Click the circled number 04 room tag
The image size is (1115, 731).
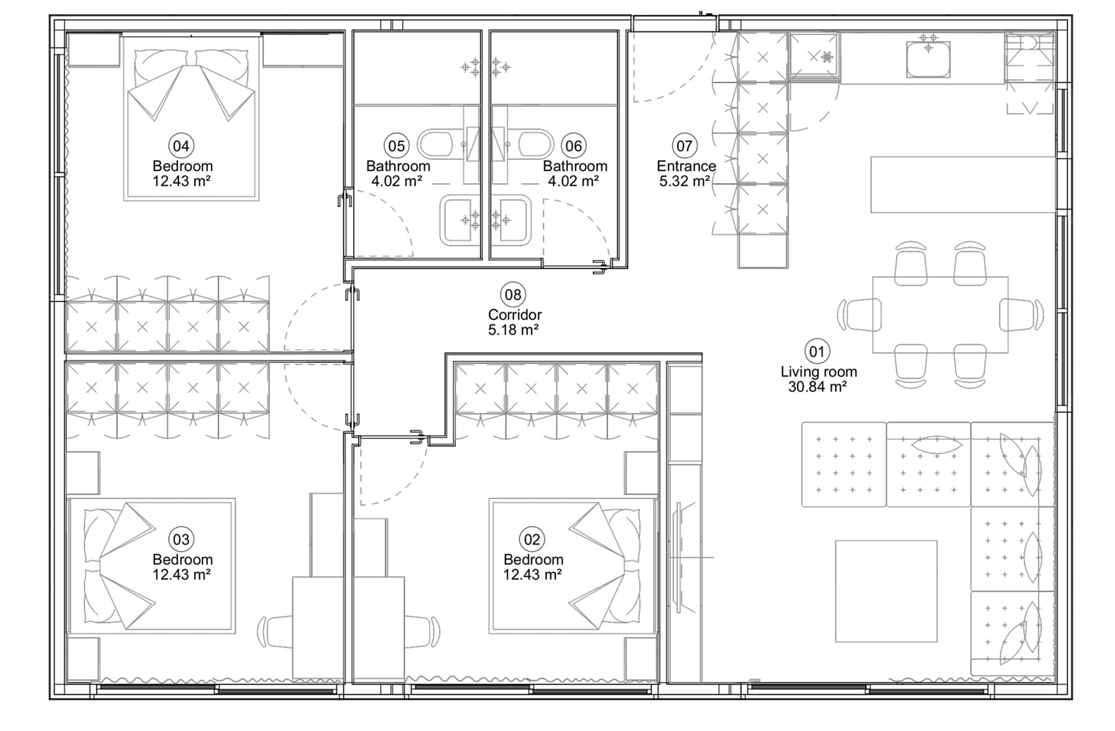pyautogui.click(x=181, y=146)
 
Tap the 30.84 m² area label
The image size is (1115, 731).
pyautogui.click(x=817, y=387)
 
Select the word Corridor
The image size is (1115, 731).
pyautogui.click(x=515, y=315)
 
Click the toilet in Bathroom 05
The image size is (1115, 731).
pyautogui.click(x=435, y=144)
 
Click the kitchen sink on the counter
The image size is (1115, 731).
pyautogui.click(x=928, y=59)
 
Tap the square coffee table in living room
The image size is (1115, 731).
pyautogui.click(x=886, y=591)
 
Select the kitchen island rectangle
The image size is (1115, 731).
pyautogui.click(x=962, y=185)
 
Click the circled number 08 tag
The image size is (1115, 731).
pyautogui.click(x=513, y=294)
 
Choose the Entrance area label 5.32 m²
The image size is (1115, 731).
pyautogui.click(x=684, y=181)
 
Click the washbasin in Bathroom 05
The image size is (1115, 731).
pyautogui.click(x=459, y=220)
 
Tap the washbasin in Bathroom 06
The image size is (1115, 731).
pyautogui.click(x=512, y=220)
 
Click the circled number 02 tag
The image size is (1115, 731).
pyautogui.click(x=532, y=539)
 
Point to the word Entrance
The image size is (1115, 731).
pyautogui.click(x=686, y=166)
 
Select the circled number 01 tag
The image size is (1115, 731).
pyautogui.click(x=817, y=351)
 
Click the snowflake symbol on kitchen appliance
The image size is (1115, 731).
pyautogui.click(x=827, y=56)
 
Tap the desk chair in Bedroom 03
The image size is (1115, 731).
pyautogui.click(x=275, y=632)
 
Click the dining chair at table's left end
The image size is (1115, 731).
pyautogui.click(x=860, y=315)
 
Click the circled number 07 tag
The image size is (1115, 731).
pyautogui.click(x=684, y=146)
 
